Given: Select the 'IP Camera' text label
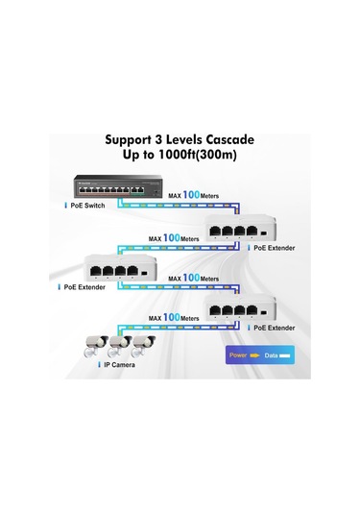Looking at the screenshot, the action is tap(119, 366).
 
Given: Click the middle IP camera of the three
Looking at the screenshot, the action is tap(120, 344).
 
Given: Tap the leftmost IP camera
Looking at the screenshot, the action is tap(96, 344).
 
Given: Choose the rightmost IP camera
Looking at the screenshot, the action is tap(144, 344).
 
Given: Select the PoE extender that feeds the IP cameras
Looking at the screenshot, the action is tap(240, 310).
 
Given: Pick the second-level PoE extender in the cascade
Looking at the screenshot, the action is tap(118, 268).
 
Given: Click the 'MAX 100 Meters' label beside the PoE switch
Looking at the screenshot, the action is tap(194, 195).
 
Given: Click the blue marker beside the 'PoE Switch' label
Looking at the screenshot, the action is tap(65, 206).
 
